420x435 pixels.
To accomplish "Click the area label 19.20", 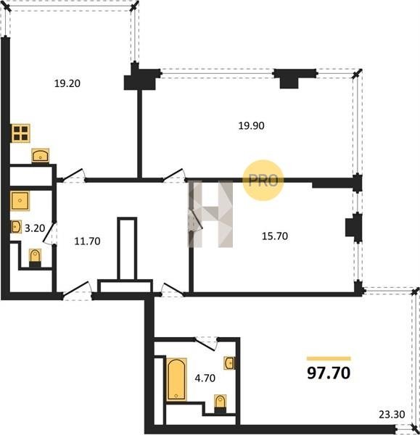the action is point(67,83).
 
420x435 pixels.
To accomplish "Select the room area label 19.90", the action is point(252,125).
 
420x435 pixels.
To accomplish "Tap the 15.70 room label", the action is point(275,236).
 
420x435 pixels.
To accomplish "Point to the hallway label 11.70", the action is point(87,241).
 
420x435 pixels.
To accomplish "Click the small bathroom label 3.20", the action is point(35,228).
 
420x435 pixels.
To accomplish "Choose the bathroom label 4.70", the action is point(205,378).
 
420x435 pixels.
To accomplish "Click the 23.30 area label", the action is point(392,415).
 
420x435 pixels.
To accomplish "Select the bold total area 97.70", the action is point(329,373).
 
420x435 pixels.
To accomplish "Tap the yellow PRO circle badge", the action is point(263,181).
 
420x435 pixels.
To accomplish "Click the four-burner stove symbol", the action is point(20,133).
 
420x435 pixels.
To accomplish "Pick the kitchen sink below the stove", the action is point(41,156).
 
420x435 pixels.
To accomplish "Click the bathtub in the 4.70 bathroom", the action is point(176,379).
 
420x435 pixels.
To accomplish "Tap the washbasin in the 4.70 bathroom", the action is point(229,363).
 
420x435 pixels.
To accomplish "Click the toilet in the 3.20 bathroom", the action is point(35,257).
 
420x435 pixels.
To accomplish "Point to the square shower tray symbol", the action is point(20,201).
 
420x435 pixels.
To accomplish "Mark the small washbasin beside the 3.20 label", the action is point(17,227).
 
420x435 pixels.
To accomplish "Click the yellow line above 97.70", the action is point(329,358).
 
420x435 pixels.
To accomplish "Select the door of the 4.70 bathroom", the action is point(206,344).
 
